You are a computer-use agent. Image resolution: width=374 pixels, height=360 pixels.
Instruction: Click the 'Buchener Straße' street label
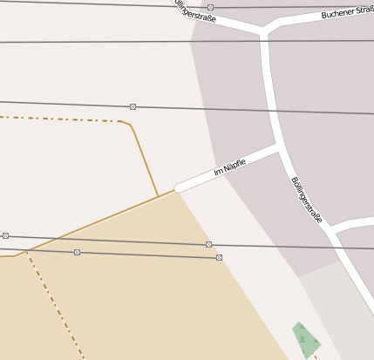[x=346, y=12]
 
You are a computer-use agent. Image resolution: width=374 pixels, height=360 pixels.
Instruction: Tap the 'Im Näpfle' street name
[x=229, y=166]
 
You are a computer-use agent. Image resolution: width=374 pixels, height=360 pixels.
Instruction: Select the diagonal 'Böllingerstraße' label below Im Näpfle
[x=307, y=200]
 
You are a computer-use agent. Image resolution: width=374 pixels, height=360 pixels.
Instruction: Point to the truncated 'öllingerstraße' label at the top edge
[x=194, y=10]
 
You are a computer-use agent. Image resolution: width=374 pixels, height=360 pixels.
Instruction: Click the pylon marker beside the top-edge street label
[x=210, y=7]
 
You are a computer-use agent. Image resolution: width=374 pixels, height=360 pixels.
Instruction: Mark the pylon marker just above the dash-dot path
[x=133, y=106]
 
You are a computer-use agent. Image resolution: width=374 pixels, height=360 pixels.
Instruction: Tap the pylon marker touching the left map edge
[x=5, y=235]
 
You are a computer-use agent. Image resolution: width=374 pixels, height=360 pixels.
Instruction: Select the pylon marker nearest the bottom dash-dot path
[x=77, y=252]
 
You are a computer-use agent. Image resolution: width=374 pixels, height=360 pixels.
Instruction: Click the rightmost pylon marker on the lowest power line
[x=219, y=257]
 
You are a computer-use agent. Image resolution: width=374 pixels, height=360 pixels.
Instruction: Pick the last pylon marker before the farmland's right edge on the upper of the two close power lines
[x=208, y=244]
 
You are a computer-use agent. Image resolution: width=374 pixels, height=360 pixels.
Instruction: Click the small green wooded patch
[x=305, y=340]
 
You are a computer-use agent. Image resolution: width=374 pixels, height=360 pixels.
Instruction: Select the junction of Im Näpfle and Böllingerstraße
[x=279, y=147]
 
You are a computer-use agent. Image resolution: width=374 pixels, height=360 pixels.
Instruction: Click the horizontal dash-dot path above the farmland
[x=61, y=119]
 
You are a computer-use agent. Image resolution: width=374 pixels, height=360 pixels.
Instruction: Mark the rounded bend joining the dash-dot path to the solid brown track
[x=128, y=125]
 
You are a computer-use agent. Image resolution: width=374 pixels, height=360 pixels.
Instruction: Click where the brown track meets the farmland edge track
[x=158, y=196]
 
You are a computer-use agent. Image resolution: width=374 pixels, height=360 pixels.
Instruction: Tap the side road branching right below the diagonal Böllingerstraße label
[x=353, y=224]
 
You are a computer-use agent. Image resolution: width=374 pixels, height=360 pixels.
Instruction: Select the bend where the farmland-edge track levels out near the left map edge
[x=15, y=255]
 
